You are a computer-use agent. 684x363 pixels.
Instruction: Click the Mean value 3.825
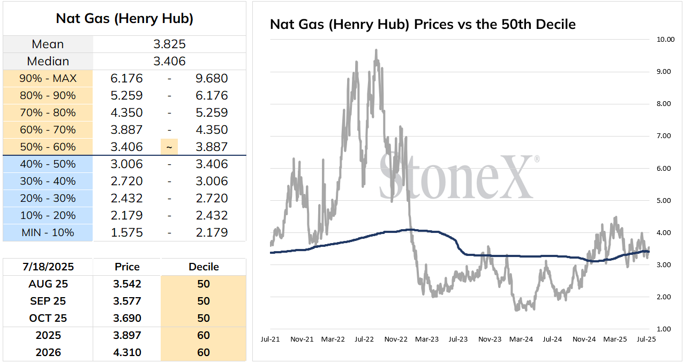click(x=169, y=44)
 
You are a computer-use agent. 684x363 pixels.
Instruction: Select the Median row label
click(x=48, y=62)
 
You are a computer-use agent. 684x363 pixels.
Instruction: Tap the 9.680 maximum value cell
click(x=212, y=79)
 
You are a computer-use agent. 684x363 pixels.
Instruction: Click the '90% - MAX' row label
click(x=48, y=79)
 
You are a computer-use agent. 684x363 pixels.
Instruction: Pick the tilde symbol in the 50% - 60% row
click(x=169, y=147)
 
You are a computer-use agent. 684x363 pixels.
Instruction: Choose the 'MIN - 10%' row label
click(x=48, y=233)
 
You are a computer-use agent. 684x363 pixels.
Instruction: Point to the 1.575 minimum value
click(x=126, y=233)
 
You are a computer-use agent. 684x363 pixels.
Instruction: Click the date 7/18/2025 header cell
click(x=48, y=267)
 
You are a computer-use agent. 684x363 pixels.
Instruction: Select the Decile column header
click(x=204, y=267)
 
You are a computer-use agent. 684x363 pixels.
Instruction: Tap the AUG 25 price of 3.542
click(x=127, y=284)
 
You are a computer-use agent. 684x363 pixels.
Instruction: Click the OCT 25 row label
click(x=48, y=318)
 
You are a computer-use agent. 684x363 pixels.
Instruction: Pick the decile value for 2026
click(x=204, y=352)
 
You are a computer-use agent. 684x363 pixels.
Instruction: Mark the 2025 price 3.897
click(x=127, y=335)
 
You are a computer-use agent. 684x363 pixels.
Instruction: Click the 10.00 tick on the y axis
click(x=665, y=40)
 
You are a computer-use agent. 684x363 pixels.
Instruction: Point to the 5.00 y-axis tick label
click(x=664, y=201)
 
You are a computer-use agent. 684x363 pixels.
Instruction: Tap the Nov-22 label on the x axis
click(x=396, y=339)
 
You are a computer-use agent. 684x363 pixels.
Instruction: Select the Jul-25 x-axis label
click(x=646, y=339)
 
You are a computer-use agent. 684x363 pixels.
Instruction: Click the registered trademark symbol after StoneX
click(x=537, y=159)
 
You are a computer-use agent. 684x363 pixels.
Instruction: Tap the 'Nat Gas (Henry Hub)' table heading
click(x=125, y=19)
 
